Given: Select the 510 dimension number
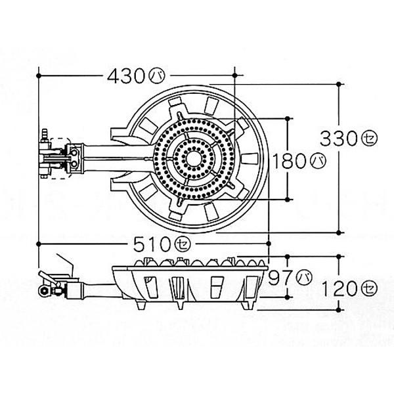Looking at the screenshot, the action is click(152, 244).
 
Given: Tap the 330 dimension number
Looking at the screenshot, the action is click(339, 139).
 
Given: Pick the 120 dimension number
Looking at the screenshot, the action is click(339, 288).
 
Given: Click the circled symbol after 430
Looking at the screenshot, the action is click(158, 76).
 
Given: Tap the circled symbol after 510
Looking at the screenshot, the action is click(183, 244).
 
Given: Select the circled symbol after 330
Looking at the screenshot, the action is click(369, 139).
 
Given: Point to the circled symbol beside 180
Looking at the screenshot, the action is click(318, 161).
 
